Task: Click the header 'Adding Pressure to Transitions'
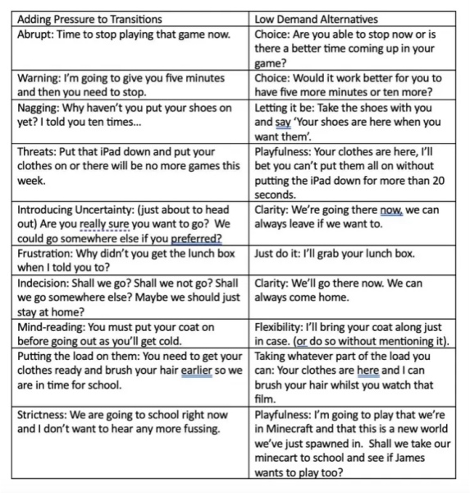89,18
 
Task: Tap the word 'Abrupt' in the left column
35,35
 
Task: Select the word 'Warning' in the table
39,78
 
